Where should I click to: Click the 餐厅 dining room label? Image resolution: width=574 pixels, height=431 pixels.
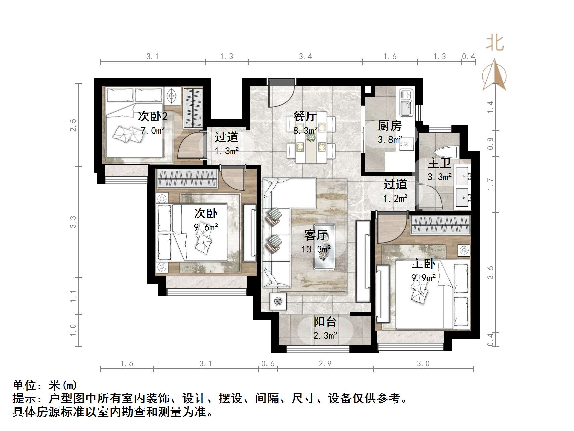[x=305, y=117]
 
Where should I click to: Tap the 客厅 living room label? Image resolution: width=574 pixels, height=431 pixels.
[x=316, y=235]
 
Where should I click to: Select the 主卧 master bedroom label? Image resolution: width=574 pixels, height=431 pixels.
[x=423, y=264]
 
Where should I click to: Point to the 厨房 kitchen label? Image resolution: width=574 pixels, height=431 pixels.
[x=389, y=126]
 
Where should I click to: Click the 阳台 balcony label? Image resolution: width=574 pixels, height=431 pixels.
[x=325, y=322]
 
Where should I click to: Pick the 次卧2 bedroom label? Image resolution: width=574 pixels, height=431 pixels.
[x=153, y=117]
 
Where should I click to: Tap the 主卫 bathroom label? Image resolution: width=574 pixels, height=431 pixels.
[x=439, y=164]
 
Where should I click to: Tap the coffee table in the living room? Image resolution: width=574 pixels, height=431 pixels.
[x=324, y=247]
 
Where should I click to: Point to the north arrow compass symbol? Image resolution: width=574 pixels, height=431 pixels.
[x=494, y=75]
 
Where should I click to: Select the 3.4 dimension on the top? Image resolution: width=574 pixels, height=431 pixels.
[x=305, y=57]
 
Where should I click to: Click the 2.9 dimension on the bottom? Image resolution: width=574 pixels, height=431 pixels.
[x=325, y=363]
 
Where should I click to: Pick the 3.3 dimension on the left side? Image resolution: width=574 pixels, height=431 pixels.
[x=73, y=222]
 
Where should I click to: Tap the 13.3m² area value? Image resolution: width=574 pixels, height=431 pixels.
[x=316, y=249]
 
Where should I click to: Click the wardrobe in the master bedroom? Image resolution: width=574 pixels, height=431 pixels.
[x=440, y=225]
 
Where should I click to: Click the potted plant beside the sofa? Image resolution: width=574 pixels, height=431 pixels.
[x=278, y=300]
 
